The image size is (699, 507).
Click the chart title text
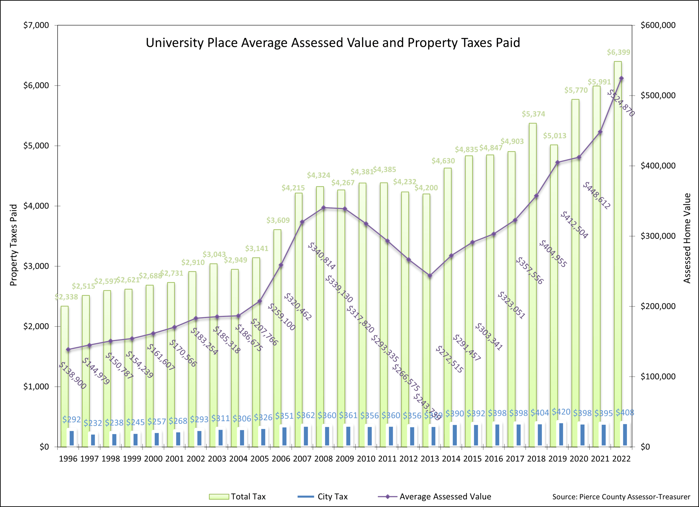click(x=333, y=43)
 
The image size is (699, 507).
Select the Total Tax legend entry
click(x=237, y=497)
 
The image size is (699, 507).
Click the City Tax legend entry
click(x=323, y=497)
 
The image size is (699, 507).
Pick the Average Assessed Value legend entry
click(x=434, y=497)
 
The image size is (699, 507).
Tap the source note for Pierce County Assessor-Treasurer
click(x=621, y=497)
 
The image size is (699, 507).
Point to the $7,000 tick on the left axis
click(x=36, y=25)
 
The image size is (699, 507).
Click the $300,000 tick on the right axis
click(x=658, y=236)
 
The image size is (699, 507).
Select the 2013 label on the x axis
click(x=430, y=459)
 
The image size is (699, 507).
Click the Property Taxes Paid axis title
click(x=13, y=245)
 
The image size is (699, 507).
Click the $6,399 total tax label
click(x=618, y=52)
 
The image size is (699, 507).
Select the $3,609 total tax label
click(x=278, y=220)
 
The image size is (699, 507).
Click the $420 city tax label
click(x=561, y=412)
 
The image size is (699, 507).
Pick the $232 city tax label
click(x=93, y=423)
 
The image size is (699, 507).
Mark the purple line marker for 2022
click(x=621, y=78)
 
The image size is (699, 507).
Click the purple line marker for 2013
click(x=430, y=276)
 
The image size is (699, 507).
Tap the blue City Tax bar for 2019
click(x=561, y=434)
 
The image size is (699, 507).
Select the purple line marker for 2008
click(x=324, y=208)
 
